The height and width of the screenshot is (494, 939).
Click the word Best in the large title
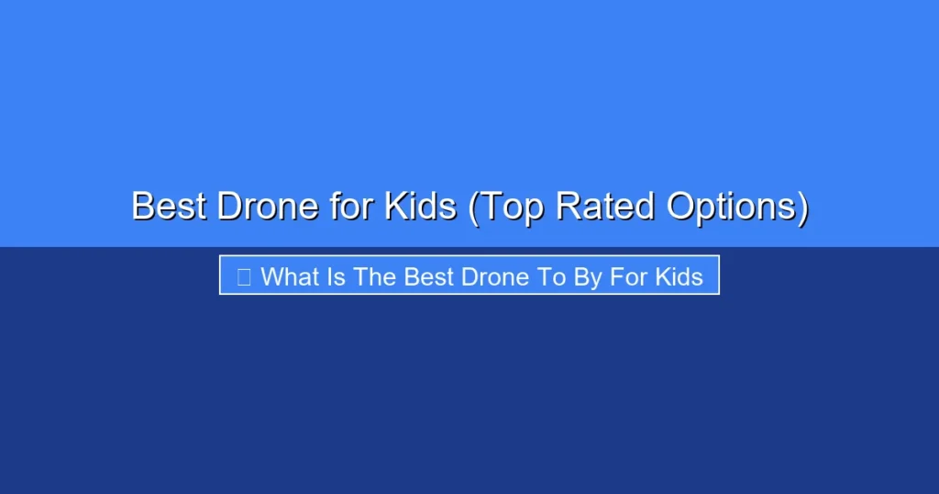[x=170, y=207]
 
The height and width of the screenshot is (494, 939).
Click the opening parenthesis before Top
[x=473, y=208]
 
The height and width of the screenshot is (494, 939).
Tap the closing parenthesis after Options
[x=802, y=208]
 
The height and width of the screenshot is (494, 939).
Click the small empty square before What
[x=244, y=276]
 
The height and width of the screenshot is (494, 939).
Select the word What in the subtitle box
[x=288, y=276]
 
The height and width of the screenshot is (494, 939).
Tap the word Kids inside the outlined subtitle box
[x=680, y=276]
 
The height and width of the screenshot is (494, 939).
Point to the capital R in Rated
[x=569, y=207]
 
